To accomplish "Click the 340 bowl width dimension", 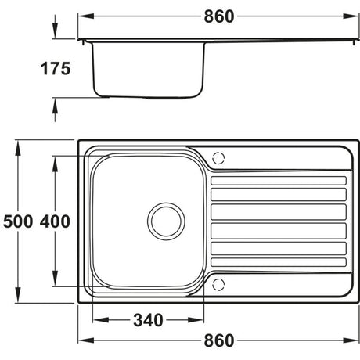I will pyautogui.click(x=147, y=320).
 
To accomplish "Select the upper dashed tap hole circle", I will pyautogui.click(x=219, y=157).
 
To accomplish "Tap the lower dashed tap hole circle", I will pyautogui.click(x=219, y=283).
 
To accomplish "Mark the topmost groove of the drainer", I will pyautogui.click(x=277, y=182).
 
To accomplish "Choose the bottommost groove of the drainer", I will pyautogui.click(x=277, y=263).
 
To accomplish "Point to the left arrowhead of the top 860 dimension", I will pyautogui.click(x=83, y=16).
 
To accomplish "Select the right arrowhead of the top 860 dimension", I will pyautogui.click(x=354, y=16).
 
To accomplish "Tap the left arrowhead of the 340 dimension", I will pyautogui.click(x=95, y=320).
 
